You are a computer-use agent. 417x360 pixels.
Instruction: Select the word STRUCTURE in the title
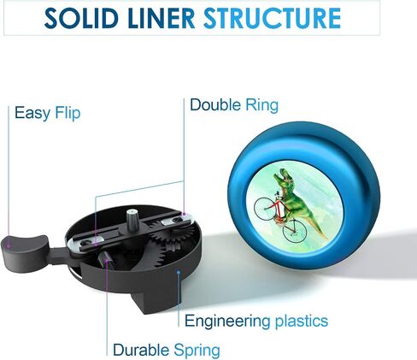tap(273, 18)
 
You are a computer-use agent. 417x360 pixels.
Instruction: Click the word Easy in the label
tap(32, 113)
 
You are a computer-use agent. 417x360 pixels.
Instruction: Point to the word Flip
tap(68, 113)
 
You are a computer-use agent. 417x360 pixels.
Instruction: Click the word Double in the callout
tap(215, 105)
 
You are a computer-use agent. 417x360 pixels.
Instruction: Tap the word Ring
tap(261, 105)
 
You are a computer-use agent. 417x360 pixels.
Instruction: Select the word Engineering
tap(227, 322)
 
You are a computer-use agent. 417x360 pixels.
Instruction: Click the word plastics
tap(302, 321)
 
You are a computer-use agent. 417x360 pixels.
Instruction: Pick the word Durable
tap(141, 350)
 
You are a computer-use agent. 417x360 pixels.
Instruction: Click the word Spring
tap(197, 351)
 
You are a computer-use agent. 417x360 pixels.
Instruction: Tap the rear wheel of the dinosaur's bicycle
tap(294, 231)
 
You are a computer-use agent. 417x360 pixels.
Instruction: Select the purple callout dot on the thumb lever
tap(9, 245)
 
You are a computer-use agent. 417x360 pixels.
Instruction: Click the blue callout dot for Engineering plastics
tap(179, 272)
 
